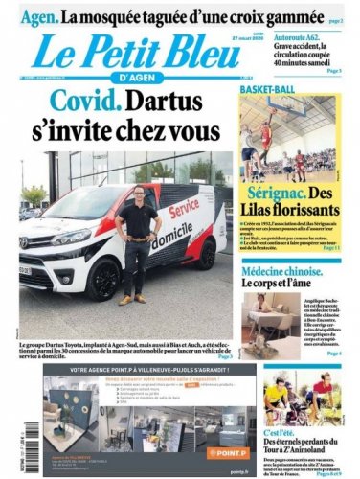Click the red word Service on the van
[184, 213]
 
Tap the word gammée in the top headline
[277, 15]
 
